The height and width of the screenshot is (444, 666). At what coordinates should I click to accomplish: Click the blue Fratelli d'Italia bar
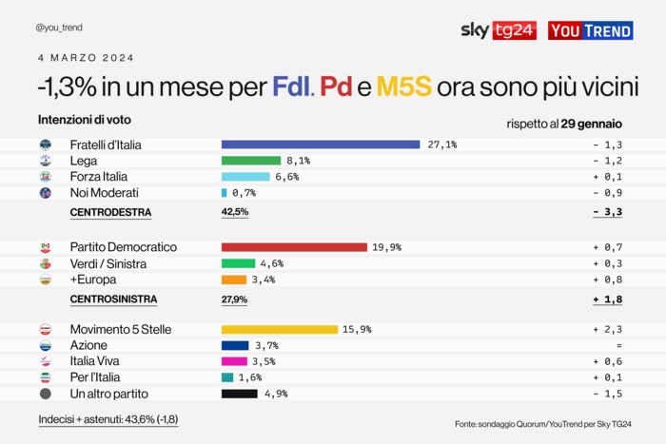click(321, 145)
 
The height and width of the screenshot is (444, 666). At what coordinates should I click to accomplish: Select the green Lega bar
click(251, 161)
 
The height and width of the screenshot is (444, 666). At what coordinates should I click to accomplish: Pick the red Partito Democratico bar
click(294, 247)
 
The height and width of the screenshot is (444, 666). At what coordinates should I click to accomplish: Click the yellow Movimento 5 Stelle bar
click(280, 329)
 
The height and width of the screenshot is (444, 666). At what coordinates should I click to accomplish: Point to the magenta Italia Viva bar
click(234, 361)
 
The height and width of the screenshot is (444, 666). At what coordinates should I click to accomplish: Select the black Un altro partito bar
click(240, 394)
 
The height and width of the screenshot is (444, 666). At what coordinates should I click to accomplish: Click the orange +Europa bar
click(234, 280)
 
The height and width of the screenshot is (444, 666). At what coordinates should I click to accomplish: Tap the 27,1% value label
click(442, 145)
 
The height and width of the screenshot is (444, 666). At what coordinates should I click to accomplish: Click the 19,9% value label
click(386, 247)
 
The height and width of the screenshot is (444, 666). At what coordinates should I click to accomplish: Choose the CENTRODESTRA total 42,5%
click(235, 212)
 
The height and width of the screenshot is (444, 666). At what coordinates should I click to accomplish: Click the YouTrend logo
click(591, 30)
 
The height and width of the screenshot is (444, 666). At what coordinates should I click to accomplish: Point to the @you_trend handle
click(62, 28)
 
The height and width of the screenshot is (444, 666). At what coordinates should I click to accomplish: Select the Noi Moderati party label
click(104, 193)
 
